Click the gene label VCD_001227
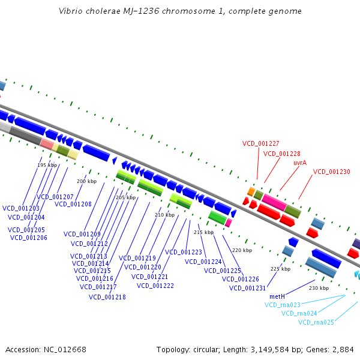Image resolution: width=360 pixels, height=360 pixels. (x=260, y=143)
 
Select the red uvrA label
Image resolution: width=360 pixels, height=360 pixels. (x=301, y=163)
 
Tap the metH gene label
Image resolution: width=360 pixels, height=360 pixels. (x=277, y=296)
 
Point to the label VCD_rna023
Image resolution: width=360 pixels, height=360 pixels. (x=282, y=305)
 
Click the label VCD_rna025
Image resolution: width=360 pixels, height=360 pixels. (x=316, y=323)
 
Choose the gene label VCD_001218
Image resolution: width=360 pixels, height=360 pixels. (x=107, y=297)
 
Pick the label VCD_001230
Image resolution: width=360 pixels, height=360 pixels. (x=331, y=172)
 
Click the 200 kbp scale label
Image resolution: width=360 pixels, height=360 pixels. (x=86, y=181)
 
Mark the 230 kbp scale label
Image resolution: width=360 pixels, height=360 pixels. (x=319, y=288)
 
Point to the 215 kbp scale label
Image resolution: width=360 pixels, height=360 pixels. (x=203, y=232)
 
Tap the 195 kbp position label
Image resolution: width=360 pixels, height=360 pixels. (x=47, y=165)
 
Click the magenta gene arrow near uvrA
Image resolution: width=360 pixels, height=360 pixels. (x=274, y=202)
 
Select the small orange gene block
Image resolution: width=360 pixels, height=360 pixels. (x=251, y=191)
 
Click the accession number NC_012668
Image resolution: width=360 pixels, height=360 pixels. (x=64, y=349)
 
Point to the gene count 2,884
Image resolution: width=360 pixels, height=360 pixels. (x=343, y=349)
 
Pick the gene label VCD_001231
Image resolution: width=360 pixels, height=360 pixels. (x=247, y=288)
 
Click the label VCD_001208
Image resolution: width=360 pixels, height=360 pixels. (x=73, y=204)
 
